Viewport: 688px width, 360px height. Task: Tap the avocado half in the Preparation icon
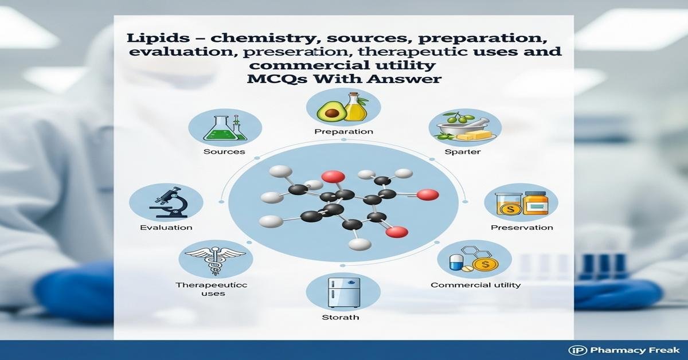point(331,109)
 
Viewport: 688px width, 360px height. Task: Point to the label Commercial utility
point(475,285)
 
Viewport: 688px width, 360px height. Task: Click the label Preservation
point(522,228)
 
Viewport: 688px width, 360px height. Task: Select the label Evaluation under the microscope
point(166,228)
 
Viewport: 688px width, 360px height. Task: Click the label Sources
point(224,152)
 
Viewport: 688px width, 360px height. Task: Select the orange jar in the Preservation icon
point(537,202)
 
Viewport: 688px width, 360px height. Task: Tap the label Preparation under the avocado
point(344,131)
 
